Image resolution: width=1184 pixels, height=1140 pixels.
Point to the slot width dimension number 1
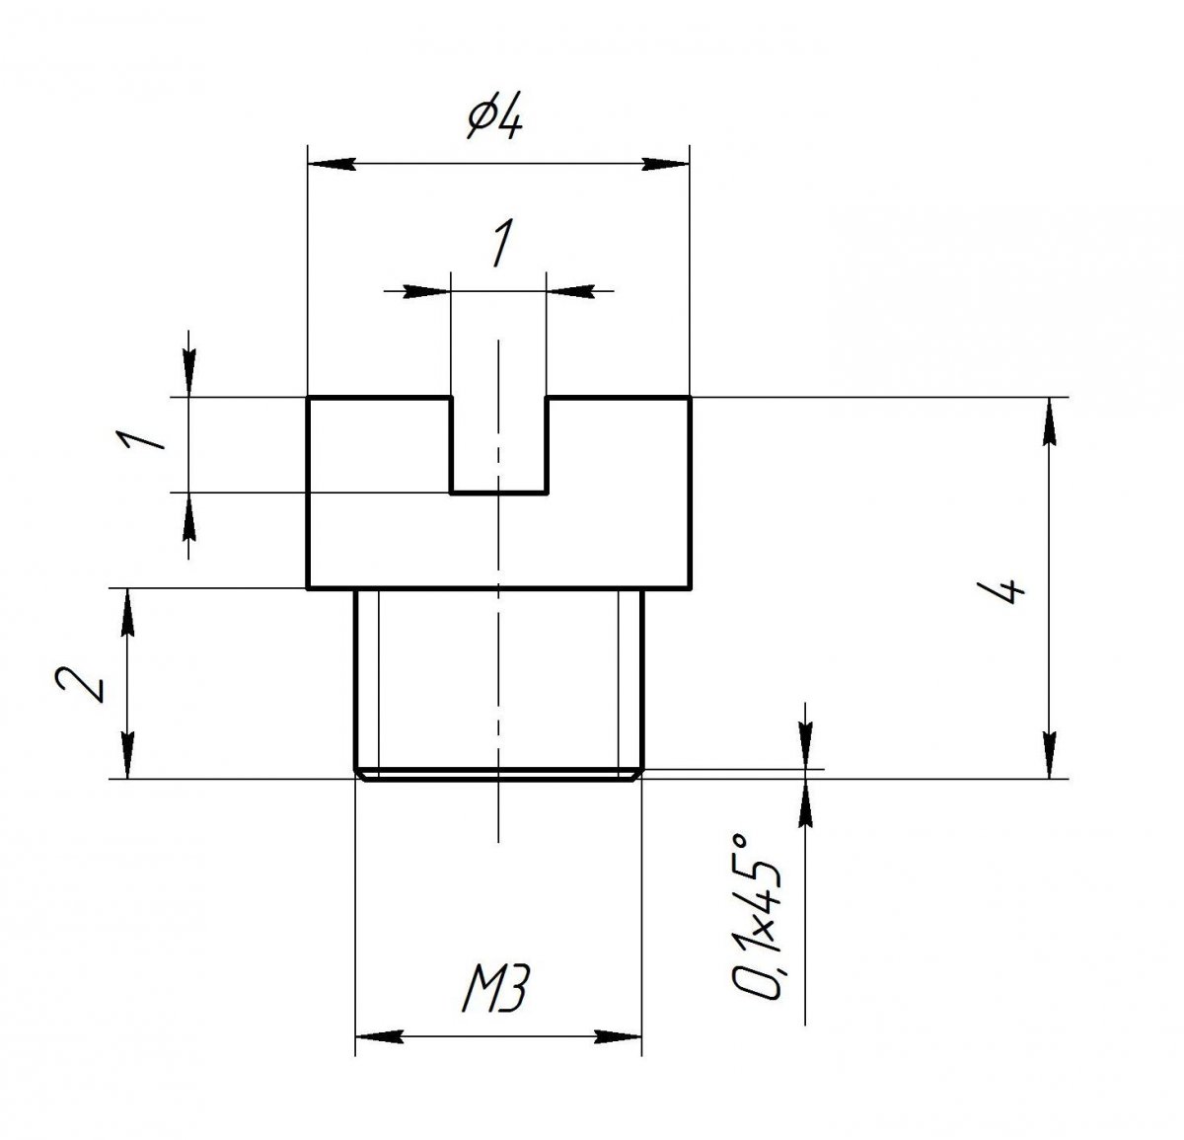pyautogui.click(x=502, y=244)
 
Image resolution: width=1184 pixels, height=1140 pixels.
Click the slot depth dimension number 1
pyautogui.click(x=141, y=439)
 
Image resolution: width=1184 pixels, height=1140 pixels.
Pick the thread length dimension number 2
pyautogui.click(x=80, y=684)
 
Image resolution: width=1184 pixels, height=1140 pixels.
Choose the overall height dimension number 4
pyautogui.click(x=1000, y=591)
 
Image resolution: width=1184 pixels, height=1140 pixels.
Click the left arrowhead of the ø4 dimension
pyautogui.click(x=332, y=164)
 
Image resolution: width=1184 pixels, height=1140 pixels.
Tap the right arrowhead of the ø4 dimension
pyautogui.click(x=666, y=164)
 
